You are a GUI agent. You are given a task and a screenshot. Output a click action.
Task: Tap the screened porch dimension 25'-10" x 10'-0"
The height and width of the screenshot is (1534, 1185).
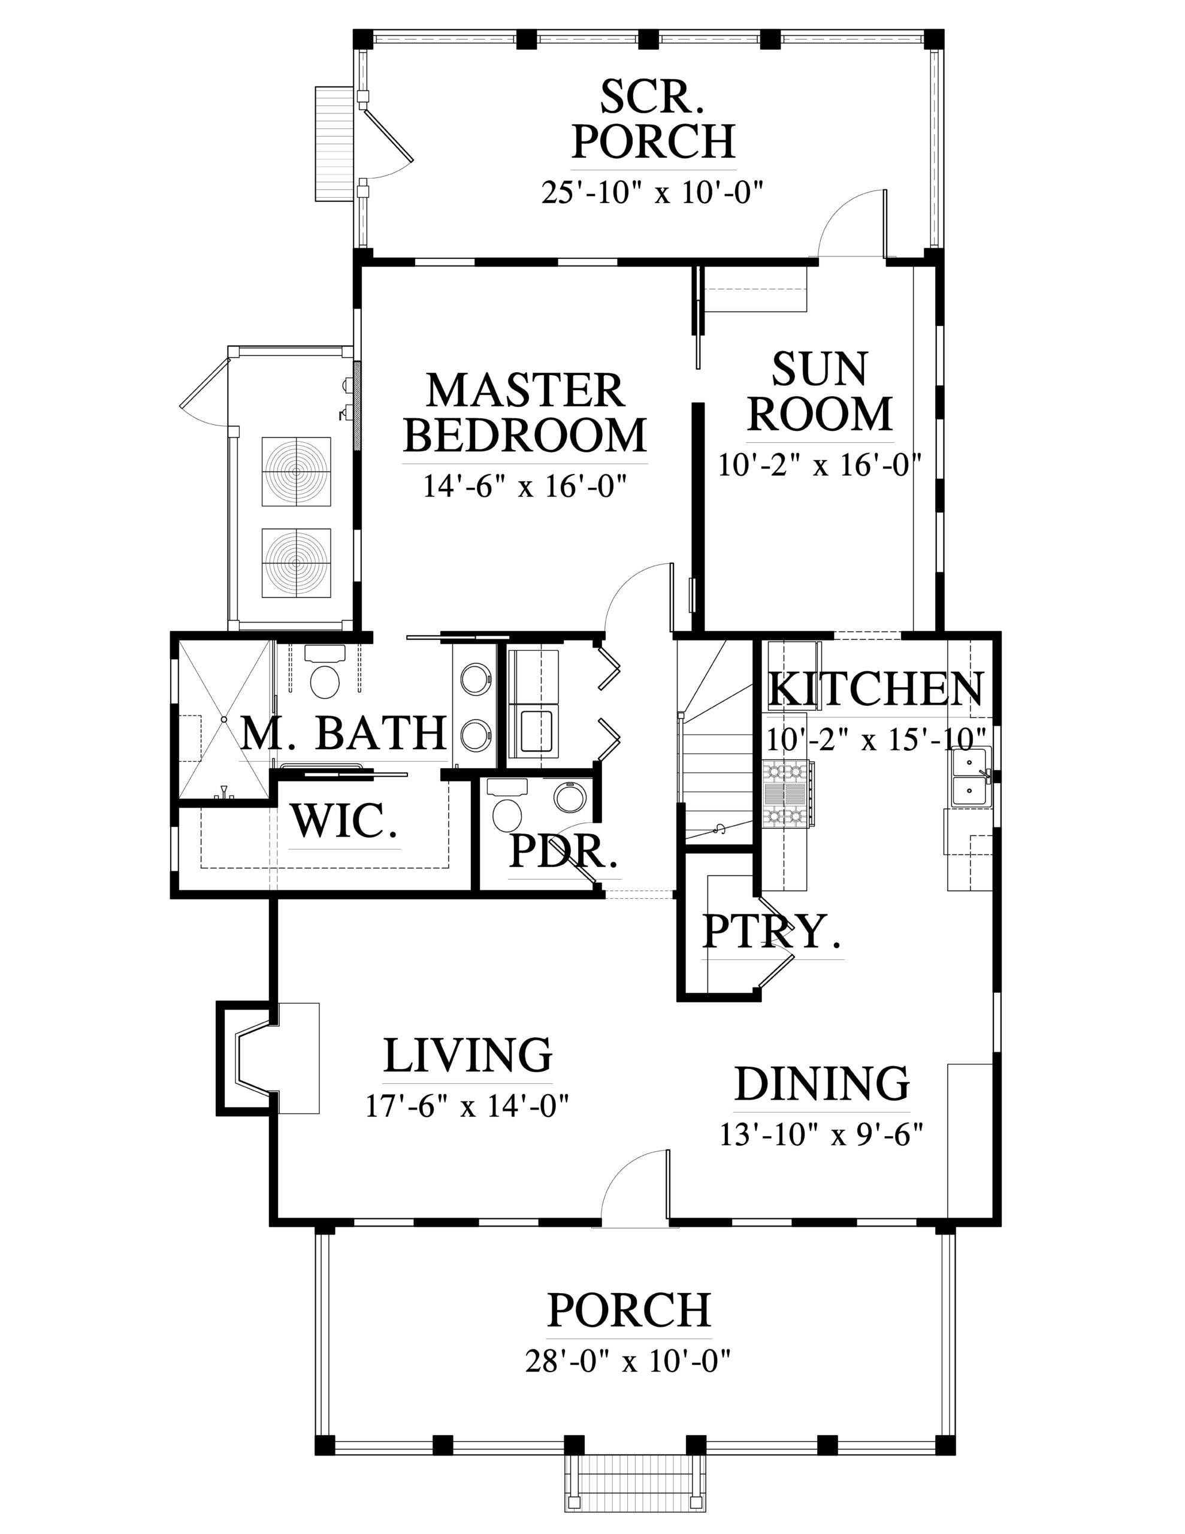tap(652, 192)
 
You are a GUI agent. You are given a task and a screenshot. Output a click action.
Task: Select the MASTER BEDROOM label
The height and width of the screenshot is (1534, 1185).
tap(525, 413)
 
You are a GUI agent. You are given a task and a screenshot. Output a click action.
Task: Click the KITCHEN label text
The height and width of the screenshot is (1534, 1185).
tap(876, 689)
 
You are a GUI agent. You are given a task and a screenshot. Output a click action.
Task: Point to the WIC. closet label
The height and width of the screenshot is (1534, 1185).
tap(344, 820)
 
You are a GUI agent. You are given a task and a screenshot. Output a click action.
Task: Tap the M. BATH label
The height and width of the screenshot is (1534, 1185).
tap(343, 733)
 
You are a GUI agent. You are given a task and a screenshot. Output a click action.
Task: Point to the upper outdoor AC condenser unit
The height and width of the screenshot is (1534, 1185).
tap(297, 472)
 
